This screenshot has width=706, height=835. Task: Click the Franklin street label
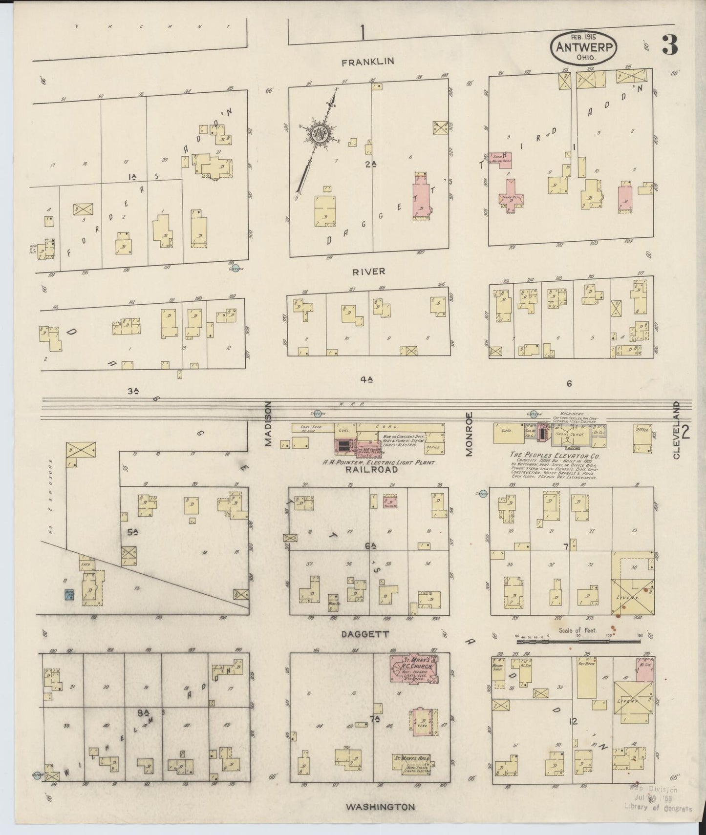pos(368,62)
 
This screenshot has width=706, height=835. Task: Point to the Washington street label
pos(380,807)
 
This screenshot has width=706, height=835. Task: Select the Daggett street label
pos(369,634)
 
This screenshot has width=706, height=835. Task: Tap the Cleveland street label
pos(676,430)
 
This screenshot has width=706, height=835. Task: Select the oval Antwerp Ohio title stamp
pos(584,47)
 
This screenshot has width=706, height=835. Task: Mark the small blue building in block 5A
pos(68,595)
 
